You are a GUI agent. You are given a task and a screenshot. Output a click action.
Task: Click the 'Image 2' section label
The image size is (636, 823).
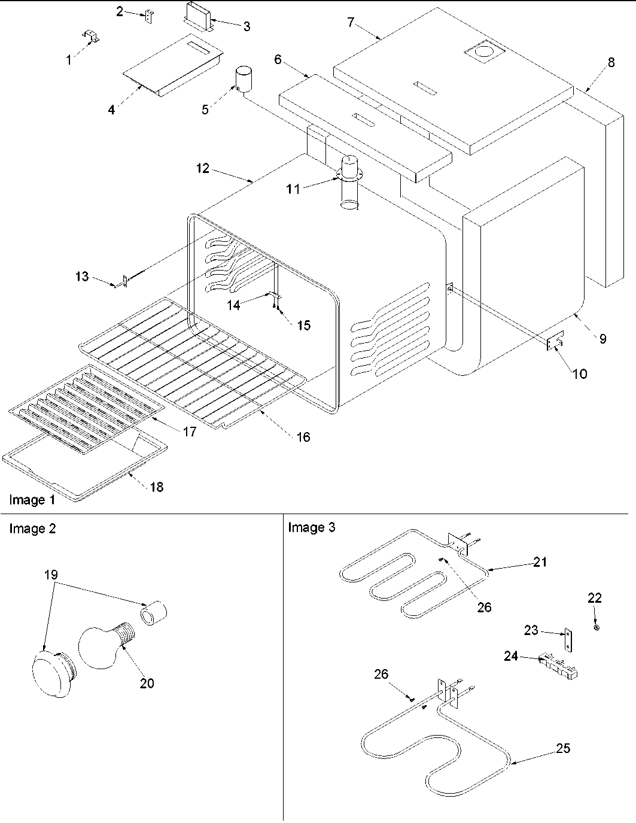32,529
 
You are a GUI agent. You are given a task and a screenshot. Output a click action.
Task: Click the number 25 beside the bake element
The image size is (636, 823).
563,748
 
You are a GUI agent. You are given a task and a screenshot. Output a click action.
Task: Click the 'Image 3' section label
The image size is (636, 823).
312,527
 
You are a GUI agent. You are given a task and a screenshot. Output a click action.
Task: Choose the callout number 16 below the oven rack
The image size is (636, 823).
303,437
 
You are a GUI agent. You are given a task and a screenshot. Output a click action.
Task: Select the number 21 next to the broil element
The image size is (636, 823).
540,562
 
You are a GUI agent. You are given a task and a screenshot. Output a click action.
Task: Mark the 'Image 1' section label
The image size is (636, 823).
28,500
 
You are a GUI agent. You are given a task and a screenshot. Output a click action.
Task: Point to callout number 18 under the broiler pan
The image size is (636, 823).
156,487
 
